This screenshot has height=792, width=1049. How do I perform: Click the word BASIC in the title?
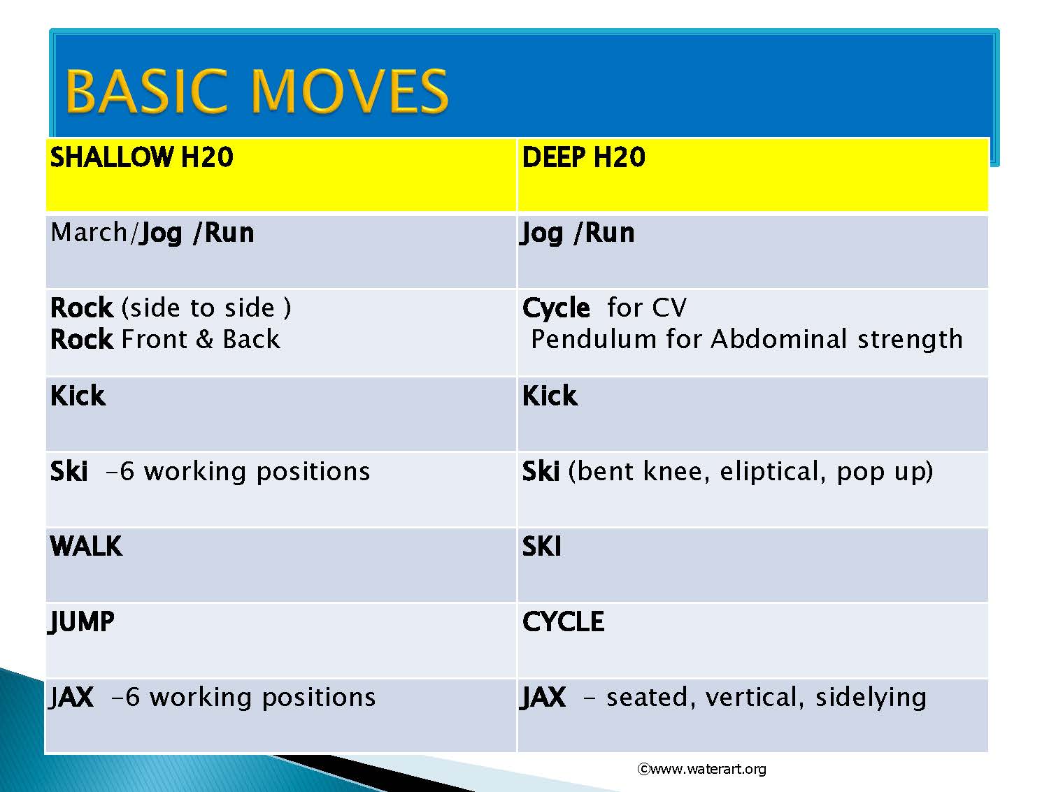click(x=145, y=91)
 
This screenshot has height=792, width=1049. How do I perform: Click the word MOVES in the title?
click(x=349, y=91)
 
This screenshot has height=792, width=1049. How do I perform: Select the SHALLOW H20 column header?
click(x=141, y=157)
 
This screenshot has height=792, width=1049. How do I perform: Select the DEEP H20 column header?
click(x=583, y=157)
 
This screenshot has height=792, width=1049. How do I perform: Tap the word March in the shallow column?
click(x=89, y=233)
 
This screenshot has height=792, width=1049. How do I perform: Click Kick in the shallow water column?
click(x=78, y=396)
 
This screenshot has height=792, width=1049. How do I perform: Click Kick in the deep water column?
click(x=550, y=396)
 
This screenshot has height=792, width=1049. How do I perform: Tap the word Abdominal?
click(x=779, y=339)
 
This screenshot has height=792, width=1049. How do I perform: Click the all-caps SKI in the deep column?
click(x=541, y=546)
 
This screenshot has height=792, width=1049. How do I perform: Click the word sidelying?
click(x=871, y=698)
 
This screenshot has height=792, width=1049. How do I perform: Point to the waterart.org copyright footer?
click(x=701, y=769)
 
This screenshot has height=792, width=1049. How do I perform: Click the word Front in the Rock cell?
click(x=155, y=339)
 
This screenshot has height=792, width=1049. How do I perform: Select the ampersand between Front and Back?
click(x=204, y=339)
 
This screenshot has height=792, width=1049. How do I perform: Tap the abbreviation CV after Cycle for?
click(x=669, y=308)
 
